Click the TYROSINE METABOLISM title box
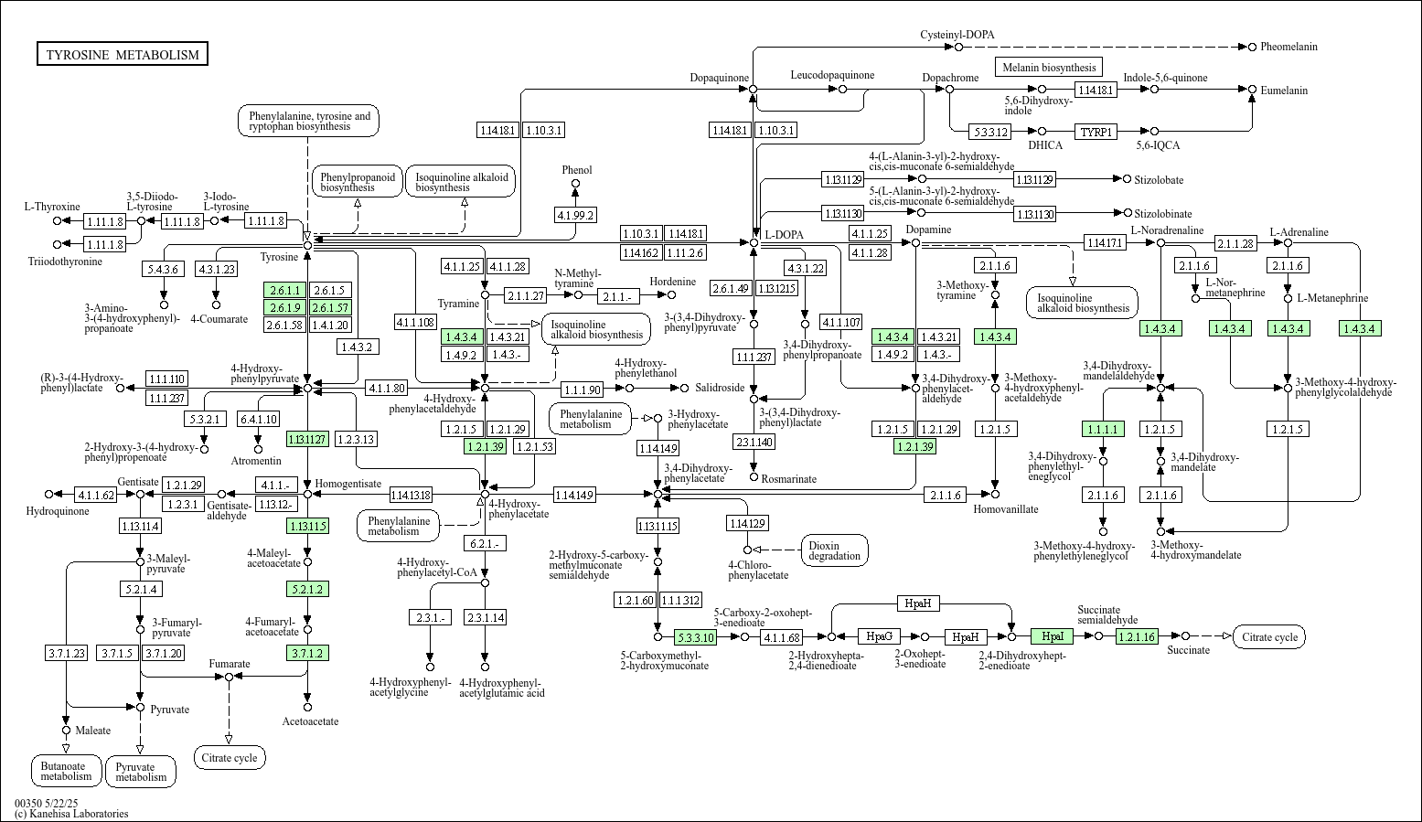(123, 55)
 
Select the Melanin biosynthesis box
(1048, 67)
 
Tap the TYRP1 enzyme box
(1096, 132)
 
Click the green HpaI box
(1052, 636)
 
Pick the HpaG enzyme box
(879, 636)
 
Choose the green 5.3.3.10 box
(694, 637)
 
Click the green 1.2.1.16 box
(1137, 636)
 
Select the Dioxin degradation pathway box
(834, 550)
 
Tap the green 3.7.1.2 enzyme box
(307, 653)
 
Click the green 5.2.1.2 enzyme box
(307, 589)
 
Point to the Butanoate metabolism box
(66, 771)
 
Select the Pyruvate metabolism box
(141, 772)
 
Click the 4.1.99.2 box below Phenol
(575, 215)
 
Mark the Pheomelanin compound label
(1288, 47)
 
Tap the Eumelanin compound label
(1284, 91)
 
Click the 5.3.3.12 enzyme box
(990, 132)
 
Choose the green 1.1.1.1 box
(1103, 429)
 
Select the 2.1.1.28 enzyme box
(1235, 243)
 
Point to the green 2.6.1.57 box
(330, 307)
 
